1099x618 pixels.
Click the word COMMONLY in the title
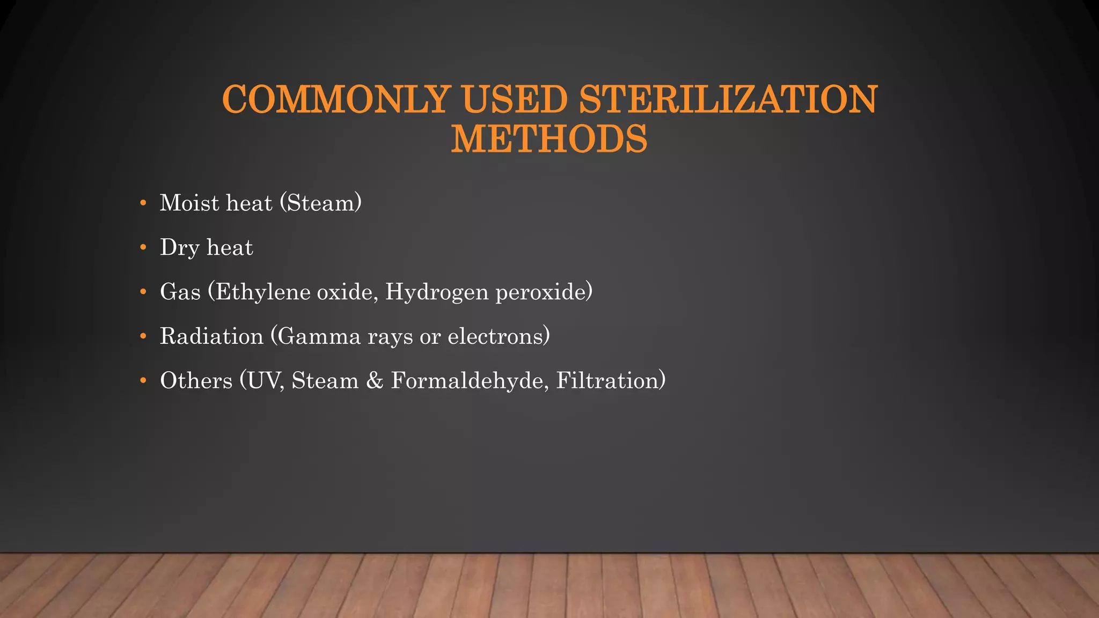(x=335, y=100)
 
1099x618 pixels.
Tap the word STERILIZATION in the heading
(x=728, y=100)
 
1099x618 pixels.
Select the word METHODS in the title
(x=549, y=139)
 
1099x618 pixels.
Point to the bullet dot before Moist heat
(x=143, y=203)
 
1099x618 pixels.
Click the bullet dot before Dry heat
(x=143, y=248)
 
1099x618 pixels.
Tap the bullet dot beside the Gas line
(x=143, y=292)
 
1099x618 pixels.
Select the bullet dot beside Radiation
(x=143, y=337)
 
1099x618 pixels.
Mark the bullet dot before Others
(x=143, y=381)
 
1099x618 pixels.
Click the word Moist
(x=189, y=203)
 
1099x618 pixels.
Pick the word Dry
(x=179, y=248)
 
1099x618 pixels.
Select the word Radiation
(x=211, y=337)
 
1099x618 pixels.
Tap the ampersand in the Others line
(x=375, y=381)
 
